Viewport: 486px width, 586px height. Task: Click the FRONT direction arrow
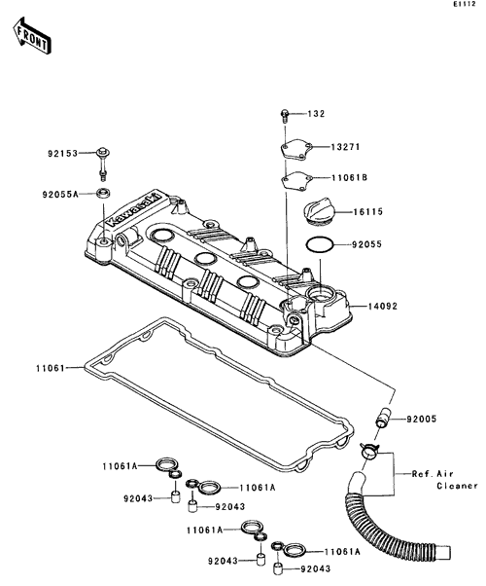coord(32,35)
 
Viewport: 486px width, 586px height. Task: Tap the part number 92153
coord(62,153)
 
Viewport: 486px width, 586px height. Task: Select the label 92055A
coord(60,195)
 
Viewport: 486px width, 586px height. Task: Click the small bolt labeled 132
coord(285,116)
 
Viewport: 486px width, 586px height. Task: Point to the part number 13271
coord(345,147)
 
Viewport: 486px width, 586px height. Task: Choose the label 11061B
coord(349,177)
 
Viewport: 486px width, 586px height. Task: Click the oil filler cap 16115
coord(319,212)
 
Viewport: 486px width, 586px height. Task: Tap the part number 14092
coord(383,307)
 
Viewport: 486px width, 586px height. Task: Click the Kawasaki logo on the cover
coord(133,209)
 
